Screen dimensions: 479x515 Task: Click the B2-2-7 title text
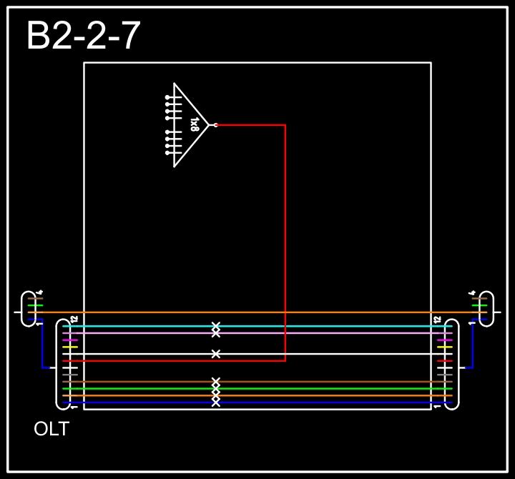tap(83, 36)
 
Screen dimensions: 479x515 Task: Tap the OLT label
tap(51, 430)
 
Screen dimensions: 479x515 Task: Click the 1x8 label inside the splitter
tap(194, 125)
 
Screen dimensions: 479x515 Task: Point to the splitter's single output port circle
tap(215, 125)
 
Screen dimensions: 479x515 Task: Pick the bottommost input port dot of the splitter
tap(167, 153)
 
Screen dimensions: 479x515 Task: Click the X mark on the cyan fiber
tap(216, 326)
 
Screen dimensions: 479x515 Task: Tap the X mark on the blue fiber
tap(216, 403)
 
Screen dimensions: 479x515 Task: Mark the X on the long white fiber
tap(216, 354)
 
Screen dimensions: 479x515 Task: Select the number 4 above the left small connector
tap(41, 292)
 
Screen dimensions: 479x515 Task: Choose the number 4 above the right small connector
tap(473, 292)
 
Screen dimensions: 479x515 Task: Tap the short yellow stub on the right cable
tap(445, 347)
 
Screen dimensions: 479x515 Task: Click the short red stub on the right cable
tap(445, 361)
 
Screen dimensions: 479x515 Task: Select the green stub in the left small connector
tap(31, 305)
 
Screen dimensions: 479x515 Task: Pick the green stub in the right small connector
tap(479, 305)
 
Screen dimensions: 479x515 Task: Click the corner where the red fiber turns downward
tap(285, 125)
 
